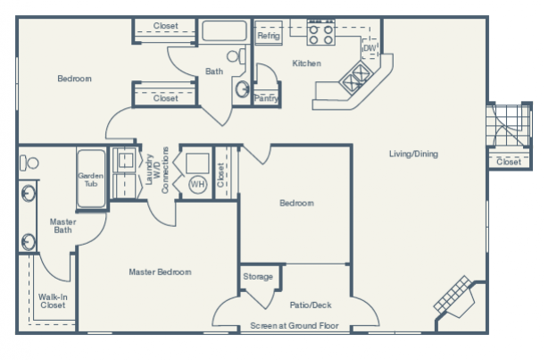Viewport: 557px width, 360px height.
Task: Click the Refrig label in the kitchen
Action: point(269,36)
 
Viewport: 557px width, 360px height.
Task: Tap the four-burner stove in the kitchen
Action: point(320,34)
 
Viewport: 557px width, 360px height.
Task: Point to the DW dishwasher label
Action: point(370,47)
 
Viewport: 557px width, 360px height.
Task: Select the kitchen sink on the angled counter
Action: point(356,78)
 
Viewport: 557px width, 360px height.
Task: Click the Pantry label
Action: point(266,98)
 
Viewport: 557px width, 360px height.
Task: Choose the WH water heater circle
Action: point(197,184)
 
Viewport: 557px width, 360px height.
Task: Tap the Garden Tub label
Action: point(91,180)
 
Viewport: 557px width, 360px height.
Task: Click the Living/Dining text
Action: point(413,154)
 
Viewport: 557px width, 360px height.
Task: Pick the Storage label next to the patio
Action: point(258,277)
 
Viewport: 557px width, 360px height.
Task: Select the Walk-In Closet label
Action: point(52,300)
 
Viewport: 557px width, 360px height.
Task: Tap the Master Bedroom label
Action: point(159,272)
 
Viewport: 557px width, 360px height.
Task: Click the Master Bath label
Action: point(62,226)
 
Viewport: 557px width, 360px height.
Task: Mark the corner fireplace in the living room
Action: point(456,297)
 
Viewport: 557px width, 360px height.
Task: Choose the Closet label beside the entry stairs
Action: point(509,162)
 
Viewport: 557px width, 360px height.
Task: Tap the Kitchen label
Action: point(306,63)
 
